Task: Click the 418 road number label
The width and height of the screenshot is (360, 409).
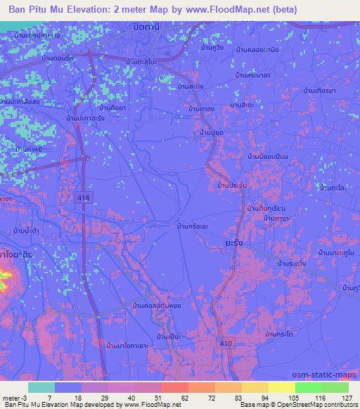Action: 84,199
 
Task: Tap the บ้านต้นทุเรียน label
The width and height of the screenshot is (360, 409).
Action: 264,209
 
